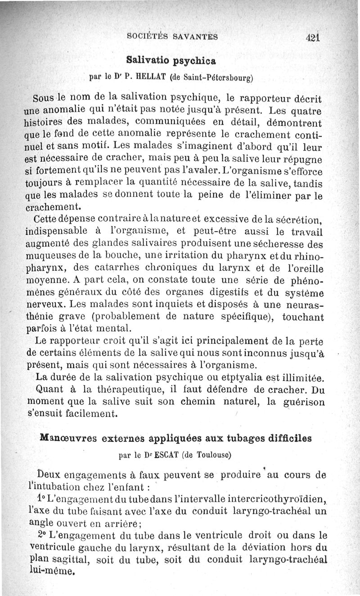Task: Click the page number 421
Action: click(311, 38)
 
